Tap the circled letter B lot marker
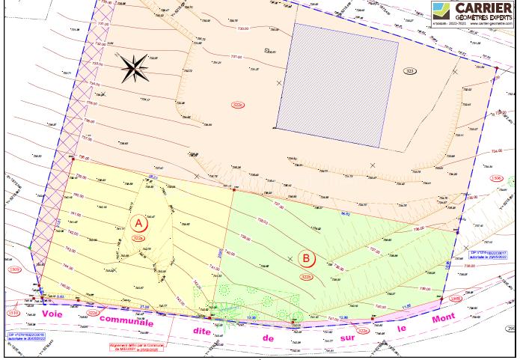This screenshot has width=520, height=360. [306, 259]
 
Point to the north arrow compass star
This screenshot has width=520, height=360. [135, 69]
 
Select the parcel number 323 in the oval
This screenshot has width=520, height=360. [409, 71]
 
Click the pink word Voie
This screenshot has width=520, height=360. [52, 314]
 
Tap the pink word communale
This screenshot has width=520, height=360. [127, 322]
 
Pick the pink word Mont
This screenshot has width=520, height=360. [444, 318]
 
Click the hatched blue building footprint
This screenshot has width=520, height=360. [337, 84]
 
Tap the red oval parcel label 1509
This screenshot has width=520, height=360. [14, 269]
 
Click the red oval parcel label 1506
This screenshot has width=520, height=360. [496, 178]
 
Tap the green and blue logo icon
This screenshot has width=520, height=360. [440, 10]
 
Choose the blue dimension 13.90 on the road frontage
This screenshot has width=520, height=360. [252, 317]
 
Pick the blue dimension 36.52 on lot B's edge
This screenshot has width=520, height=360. [346, 214]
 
